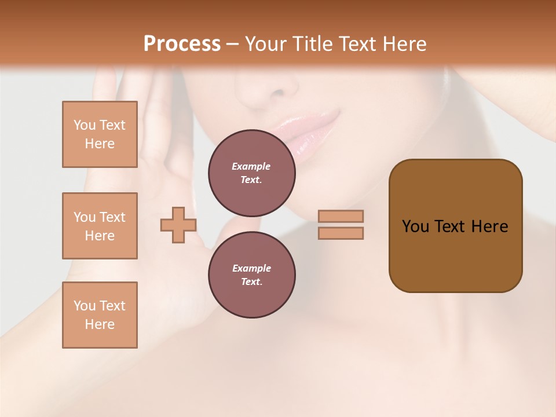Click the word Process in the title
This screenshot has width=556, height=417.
(182, 44)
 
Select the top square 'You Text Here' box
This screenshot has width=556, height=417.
(100, 134)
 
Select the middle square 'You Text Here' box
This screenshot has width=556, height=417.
(100, 226)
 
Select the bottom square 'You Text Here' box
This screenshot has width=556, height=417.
(100, 315)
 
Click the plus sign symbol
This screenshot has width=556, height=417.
(178, 225)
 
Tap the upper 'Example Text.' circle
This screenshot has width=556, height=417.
(251, 173)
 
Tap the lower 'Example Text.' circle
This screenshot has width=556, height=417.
(251, 275)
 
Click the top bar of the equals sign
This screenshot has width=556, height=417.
(341, 216)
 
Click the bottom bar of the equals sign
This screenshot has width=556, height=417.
(341, 233)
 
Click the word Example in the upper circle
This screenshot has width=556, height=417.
(251, 166)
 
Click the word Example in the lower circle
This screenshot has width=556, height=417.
(251, 268)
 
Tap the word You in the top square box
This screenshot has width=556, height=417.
(84, 125)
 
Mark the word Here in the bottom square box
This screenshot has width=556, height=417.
(100, 324)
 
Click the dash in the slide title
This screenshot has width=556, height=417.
(232, 44)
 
